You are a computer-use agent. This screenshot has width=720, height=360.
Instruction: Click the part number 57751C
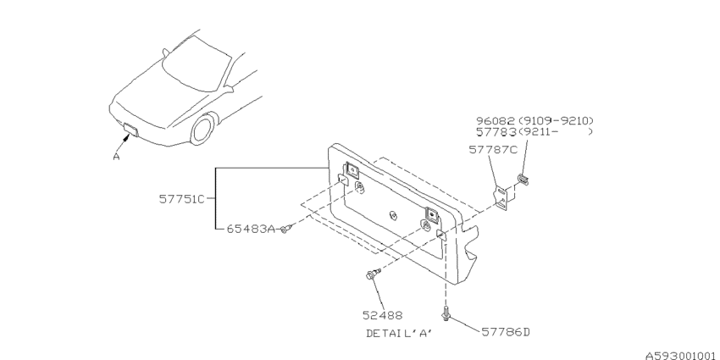(182, 199)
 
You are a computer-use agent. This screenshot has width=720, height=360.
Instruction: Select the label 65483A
(251, 229)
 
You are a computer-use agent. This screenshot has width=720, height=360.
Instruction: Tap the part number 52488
(382, 315)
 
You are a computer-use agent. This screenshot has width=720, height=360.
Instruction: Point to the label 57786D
(506, 331)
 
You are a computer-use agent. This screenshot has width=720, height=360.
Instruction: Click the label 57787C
(493, 149)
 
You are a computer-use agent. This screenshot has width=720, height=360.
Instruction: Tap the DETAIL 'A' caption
(400, 334)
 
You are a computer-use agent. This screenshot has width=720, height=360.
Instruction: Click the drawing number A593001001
(681, 356)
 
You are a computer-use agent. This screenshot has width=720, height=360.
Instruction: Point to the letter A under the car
(117, 157)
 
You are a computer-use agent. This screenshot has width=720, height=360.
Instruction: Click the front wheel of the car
(203, 129)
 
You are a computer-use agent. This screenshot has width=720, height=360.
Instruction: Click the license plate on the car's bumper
(130, 130)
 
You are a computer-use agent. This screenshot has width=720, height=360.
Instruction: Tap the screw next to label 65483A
(285, 228)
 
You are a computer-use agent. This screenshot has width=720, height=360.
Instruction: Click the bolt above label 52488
(372, 274)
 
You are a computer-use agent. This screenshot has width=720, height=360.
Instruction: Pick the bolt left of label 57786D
(446, 313)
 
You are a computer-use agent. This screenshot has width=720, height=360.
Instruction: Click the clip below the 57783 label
(523, 180)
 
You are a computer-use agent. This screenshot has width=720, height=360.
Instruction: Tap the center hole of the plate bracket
(392, 215)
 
